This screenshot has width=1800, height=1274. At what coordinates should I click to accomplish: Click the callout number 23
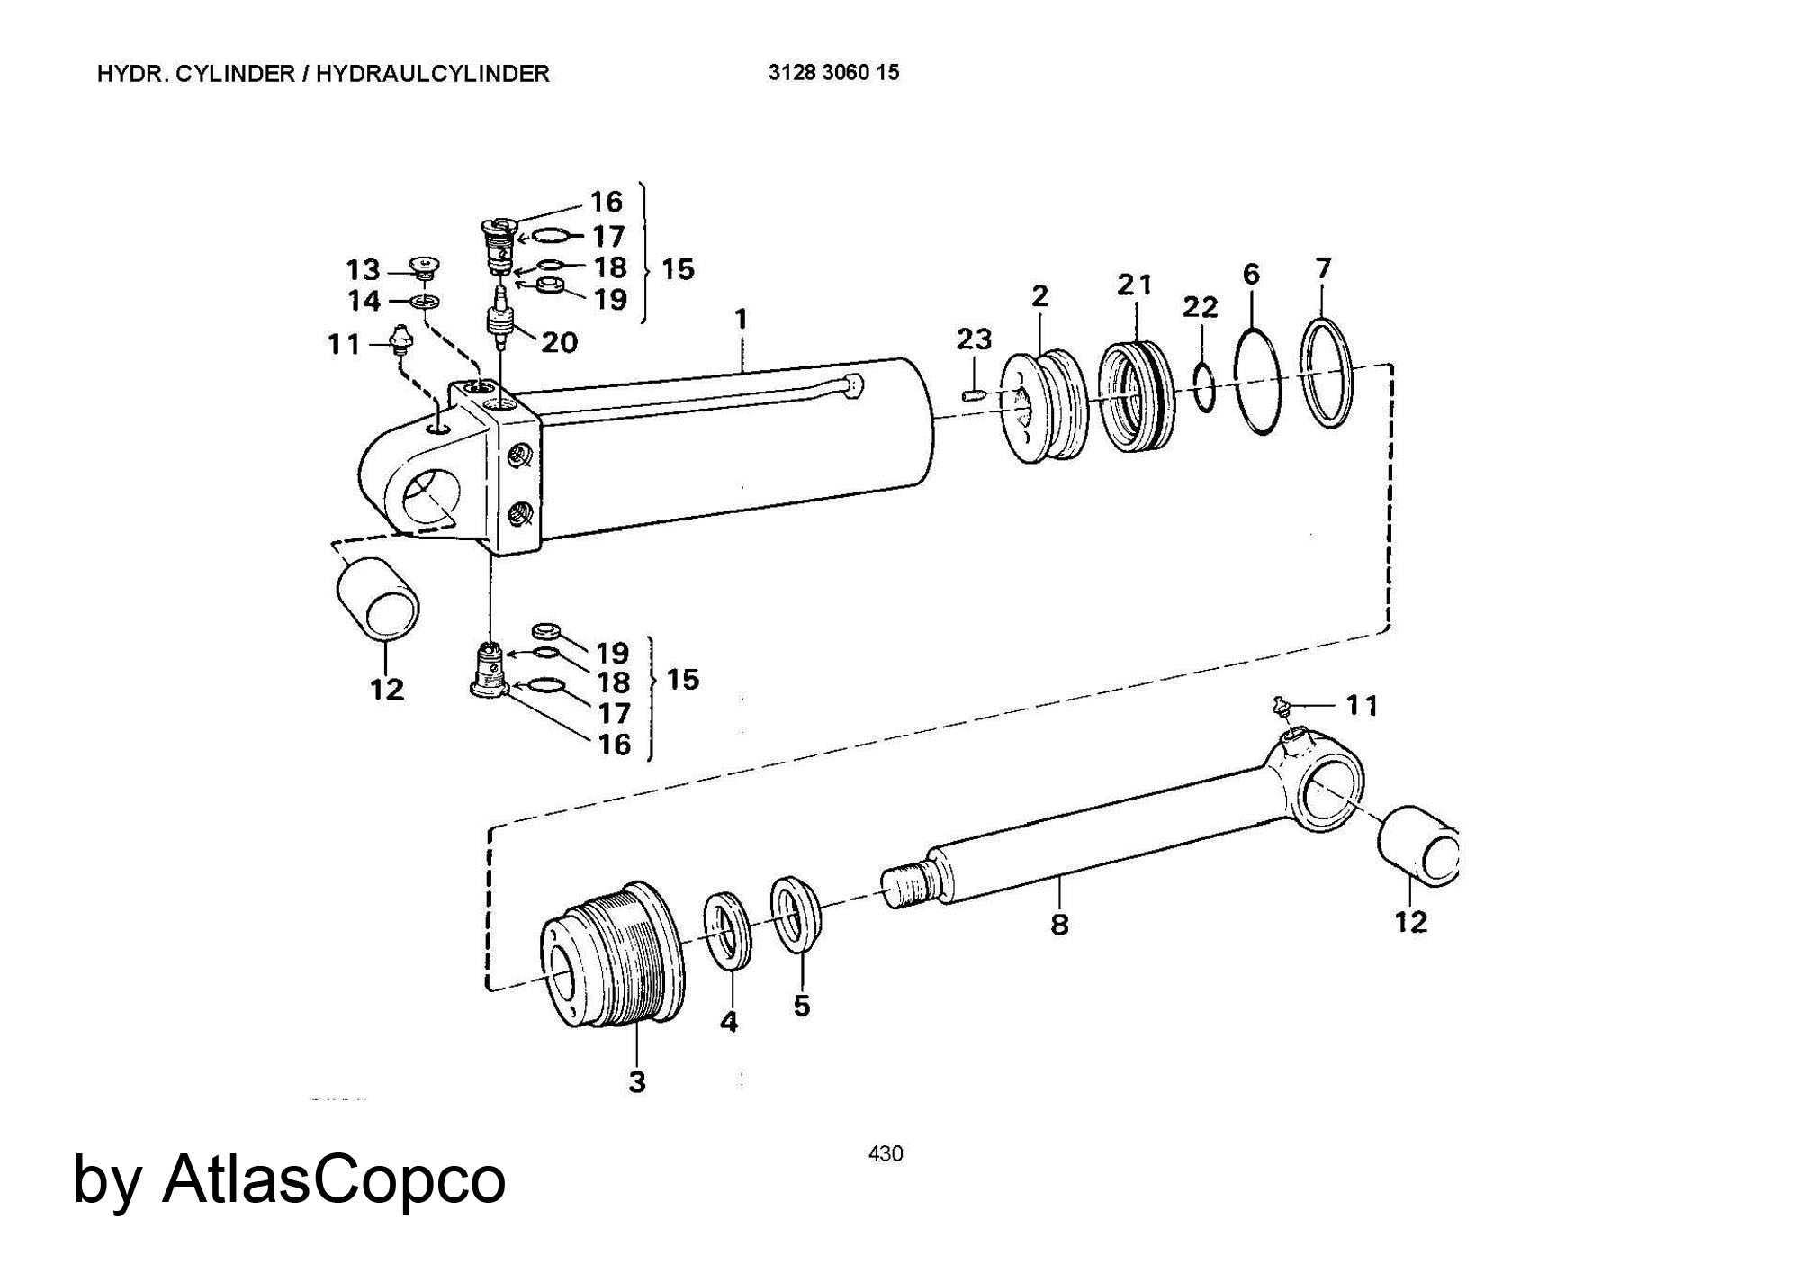974,339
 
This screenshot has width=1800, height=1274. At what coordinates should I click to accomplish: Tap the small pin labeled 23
976,393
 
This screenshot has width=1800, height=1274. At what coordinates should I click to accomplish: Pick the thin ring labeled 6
1237,382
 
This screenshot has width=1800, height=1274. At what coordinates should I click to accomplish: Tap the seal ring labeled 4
728,932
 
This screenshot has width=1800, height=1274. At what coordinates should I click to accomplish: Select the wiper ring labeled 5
796,913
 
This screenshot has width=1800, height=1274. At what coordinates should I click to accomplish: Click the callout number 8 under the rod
1059,924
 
